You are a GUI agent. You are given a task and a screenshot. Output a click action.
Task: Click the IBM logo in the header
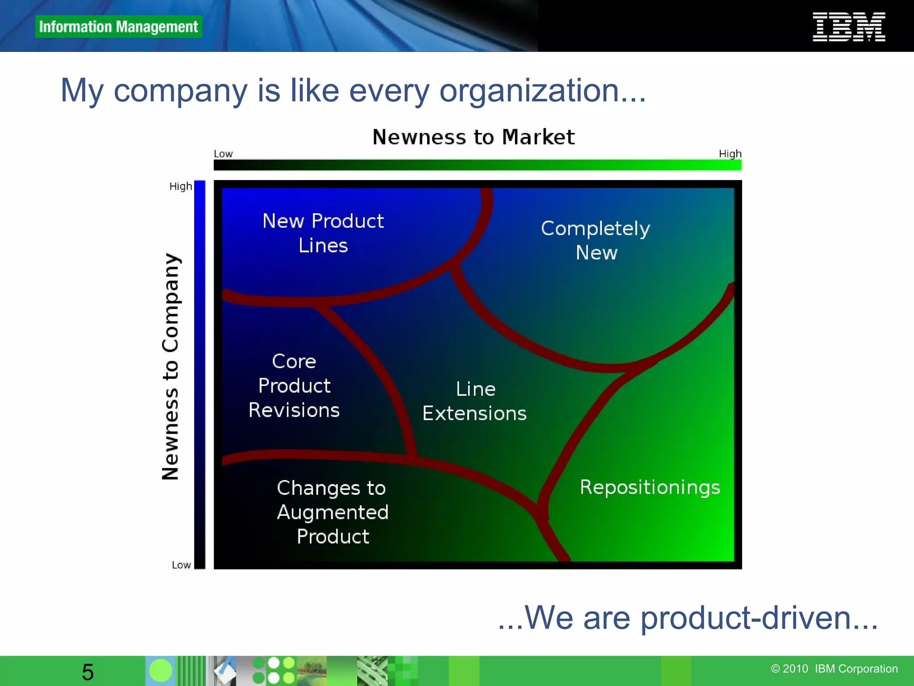[x=848, y=27]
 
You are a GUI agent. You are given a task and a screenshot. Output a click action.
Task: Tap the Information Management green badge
[x=118, y=27]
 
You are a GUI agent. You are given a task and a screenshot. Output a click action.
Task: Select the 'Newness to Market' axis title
[x=474, y=137]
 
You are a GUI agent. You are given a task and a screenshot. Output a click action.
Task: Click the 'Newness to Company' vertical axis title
[x=170, y=366]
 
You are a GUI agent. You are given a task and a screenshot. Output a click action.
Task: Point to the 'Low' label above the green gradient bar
[x=223, y=154]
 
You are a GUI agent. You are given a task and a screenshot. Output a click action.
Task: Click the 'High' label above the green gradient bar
[x=730, y=154]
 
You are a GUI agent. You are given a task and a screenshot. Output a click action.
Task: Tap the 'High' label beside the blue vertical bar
[x=180, y=186]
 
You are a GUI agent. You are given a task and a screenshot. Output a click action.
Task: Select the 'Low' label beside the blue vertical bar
[x=181, y=565]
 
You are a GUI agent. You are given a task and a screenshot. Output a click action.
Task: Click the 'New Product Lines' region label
[x=323, y=233]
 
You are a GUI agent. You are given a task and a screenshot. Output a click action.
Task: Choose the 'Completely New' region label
[x=596, y=240]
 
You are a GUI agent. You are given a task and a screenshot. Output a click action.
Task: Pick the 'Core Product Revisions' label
[x=294, y=385]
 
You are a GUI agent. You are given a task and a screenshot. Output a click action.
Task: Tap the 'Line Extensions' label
[x=475, y=401]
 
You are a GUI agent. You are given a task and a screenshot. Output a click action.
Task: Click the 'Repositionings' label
[x=650, y=487]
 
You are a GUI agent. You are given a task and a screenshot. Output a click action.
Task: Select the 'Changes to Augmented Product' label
[x=332, y=512]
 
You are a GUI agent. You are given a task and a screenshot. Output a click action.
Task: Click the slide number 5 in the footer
[x=88, y=672]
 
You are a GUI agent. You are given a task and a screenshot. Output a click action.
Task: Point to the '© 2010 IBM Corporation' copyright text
[x=834, y=669]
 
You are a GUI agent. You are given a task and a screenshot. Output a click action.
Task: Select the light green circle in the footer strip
[x=160, y=671]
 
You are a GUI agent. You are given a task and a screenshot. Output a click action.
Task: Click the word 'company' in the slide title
[x=181, y=91]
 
